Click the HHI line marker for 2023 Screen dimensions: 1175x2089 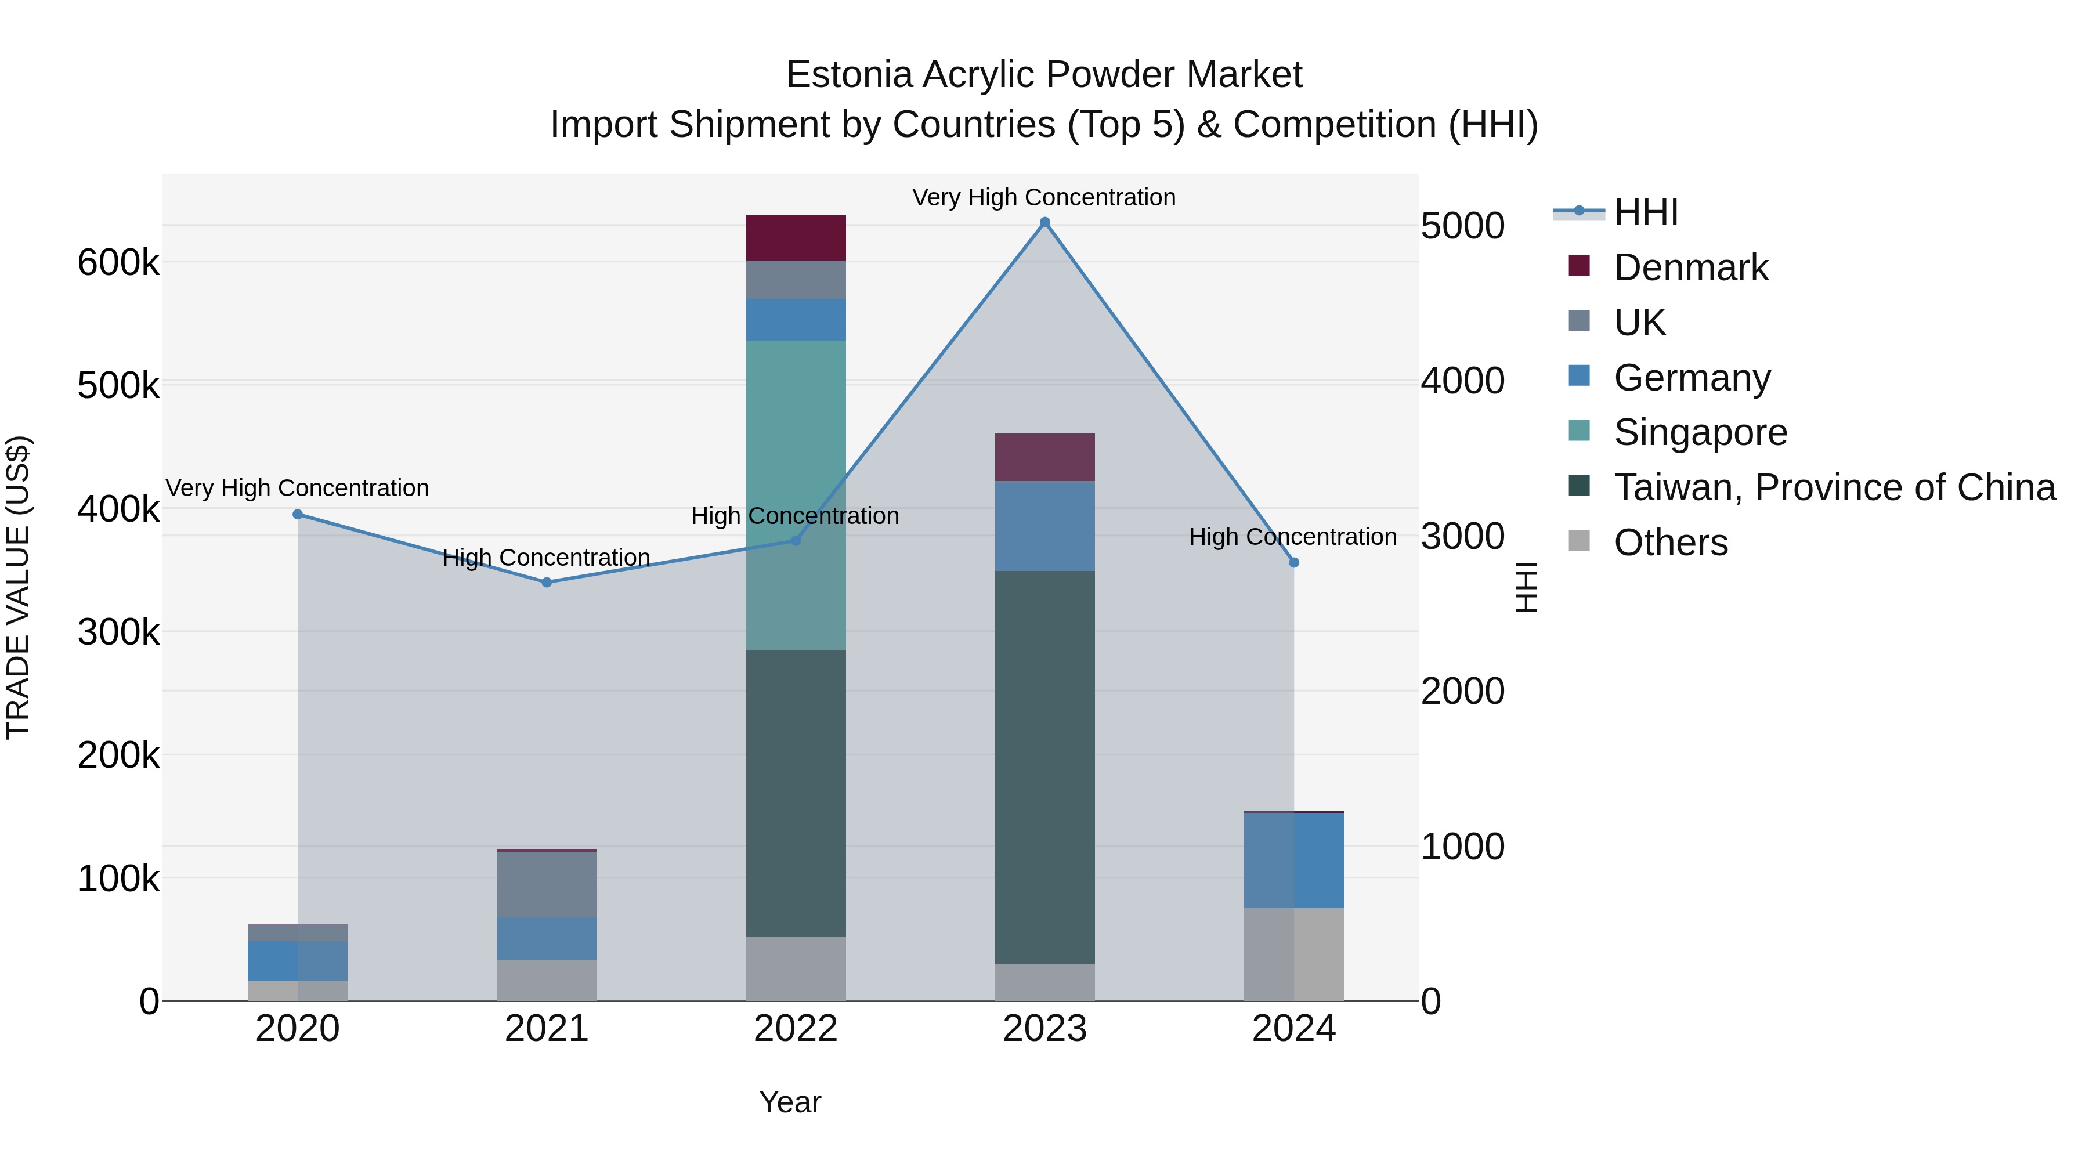pos(1044,222)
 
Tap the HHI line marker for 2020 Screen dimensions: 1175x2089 pos(298,514)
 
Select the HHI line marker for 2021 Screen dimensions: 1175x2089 pos(547,582)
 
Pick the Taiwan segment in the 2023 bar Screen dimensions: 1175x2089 pos(1044,767)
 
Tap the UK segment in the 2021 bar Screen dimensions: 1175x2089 pos(547,884)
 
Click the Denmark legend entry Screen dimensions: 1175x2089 pos(1691,267)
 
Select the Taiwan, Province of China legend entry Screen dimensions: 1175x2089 pos(1834,487)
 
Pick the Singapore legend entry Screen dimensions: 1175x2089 pos(1700,432)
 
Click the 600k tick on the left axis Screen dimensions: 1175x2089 pos(118,263)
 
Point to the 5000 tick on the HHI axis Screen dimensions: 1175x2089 pos(1462,226)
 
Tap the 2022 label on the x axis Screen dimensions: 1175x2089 pos(796,1029)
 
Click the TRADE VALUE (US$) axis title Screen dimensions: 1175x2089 pos(18,587)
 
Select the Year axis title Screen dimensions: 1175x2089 pos(790,1102)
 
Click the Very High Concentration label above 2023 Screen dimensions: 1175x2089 pos(1044,197)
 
